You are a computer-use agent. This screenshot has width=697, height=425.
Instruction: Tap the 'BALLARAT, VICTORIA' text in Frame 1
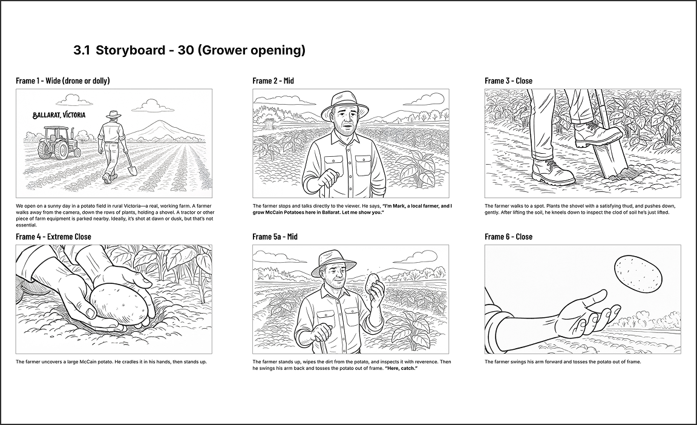[59, 115]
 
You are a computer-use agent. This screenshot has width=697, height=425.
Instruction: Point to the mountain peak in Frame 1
[157, 123]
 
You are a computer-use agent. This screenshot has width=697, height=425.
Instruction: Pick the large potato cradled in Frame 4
[119, 305]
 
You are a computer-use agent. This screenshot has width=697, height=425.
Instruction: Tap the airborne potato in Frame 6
[638, 274]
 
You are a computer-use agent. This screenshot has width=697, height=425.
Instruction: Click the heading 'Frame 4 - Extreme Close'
[53, 237]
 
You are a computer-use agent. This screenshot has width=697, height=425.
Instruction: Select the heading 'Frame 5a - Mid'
[275, 237]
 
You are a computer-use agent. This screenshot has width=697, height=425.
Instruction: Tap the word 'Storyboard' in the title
[131, 50]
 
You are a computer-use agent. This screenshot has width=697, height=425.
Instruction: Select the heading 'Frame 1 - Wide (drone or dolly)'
[63, 81]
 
